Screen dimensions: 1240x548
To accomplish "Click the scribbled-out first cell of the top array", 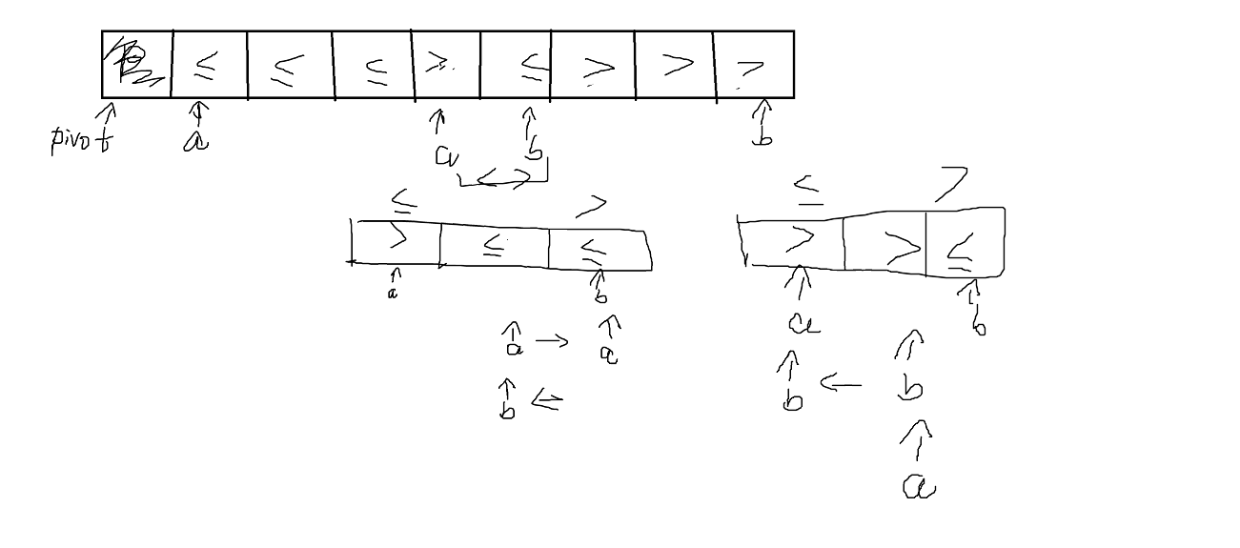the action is point(136,64).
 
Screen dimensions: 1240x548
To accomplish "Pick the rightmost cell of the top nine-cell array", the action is point(753,65).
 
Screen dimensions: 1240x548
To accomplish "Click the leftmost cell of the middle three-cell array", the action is point(396,242).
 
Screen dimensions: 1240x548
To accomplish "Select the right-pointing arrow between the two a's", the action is point(554,341).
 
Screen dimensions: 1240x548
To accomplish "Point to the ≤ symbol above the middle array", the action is point(405,201).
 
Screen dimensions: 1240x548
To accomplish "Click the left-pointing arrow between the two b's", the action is point(841,386).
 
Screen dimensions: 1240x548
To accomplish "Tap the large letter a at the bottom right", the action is point(919,488).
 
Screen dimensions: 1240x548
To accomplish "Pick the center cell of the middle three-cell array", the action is point(494,246).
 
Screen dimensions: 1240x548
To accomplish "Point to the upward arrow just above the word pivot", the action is point(107,116).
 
